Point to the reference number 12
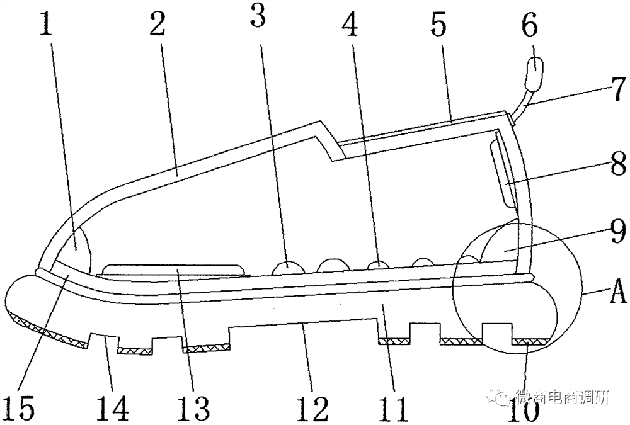pos(314,407)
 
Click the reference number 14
pos(114,407)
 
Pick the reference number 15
pos(22,407)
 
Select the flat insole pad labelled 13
pos(173,269)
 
